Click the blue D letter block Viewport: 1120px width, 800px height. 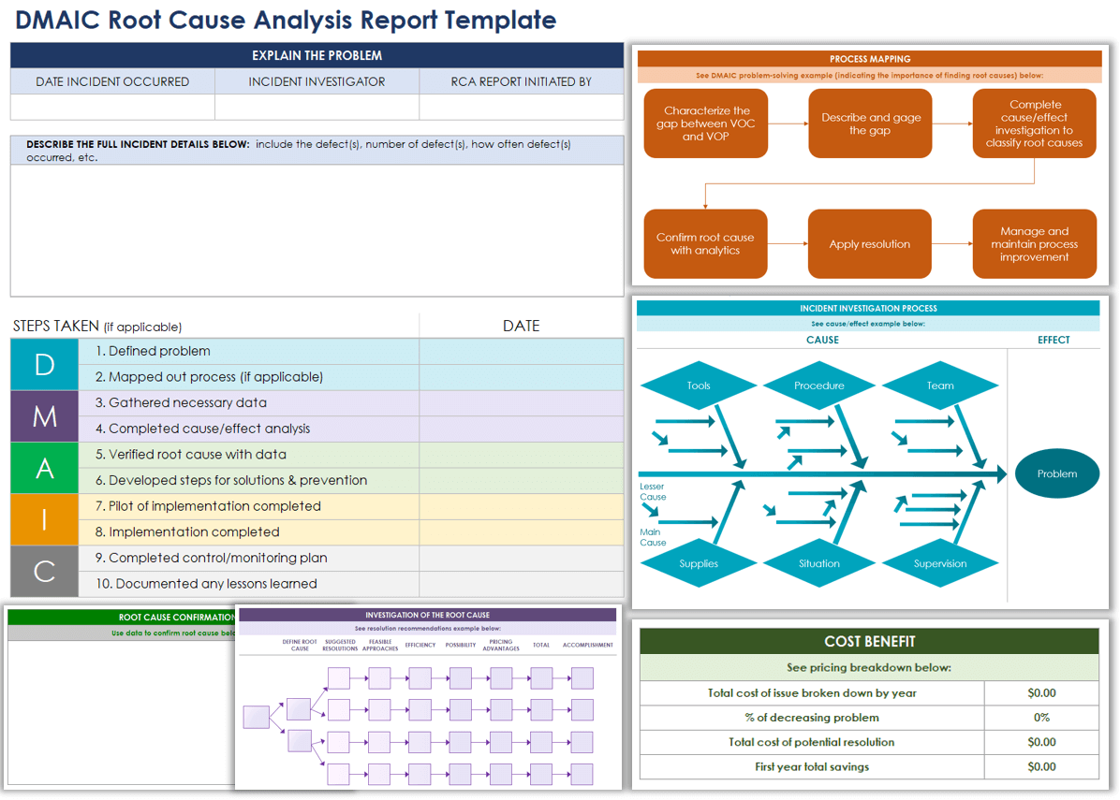tap(45, 364)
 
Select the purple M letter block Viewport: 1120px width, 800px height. tap(45, 416)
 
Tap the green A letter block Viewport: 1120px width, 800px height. tap(45, 468)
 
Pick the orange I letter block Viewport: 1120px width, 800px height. tap(45, 519)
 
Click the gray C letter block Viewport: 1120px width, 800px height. tap(45, 571)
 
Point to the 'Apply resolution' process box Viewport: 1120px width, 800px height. tap(869, 244)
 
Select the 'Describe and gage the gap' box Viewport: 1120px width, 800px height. tap(870, 124)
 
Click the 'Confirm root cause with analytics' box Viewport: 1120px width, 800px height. tap(705, 244)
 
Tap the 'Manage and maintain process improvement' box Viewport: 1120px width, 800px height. tap(1034, 244)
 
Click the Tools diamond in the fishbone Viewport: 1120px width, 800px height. tap(699, 385)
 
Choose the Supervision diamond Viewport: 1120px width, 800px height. tap(940, 563)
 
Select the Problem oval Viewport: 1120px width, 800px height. tap(1057, 473)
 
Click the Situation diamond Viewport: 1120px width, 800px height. tap(819, 563)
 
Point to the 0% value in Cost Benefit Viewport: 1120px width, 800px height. tap(1041, 718)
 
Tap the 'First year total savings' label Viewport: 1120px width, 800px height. tap(811, 766)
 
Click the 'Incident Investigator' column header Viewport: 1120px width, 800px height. tap(317, 81)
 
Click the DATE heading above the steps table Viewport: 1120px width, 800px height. tap(521, 326)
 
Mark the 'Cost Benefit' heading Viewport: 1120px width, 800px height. tap(869, 642)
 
